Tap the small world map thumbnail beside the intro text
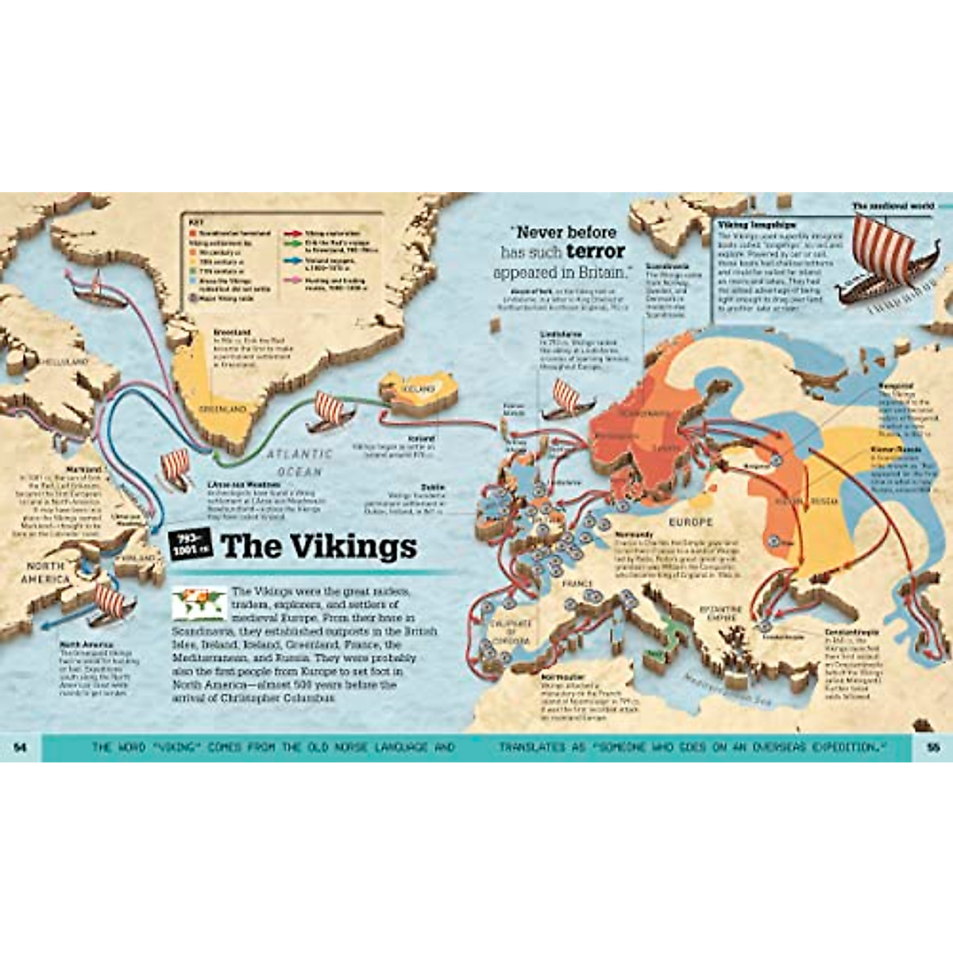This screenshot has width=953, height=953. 199,603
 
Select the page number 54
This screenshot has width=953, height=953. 21,747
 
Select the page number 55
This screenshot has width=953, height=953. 932,747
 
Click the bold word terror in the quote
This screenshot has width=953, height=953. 596,252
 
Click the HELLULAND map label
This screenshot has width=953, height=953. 68,361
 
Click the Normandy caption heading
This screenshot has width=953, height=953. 633,534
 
